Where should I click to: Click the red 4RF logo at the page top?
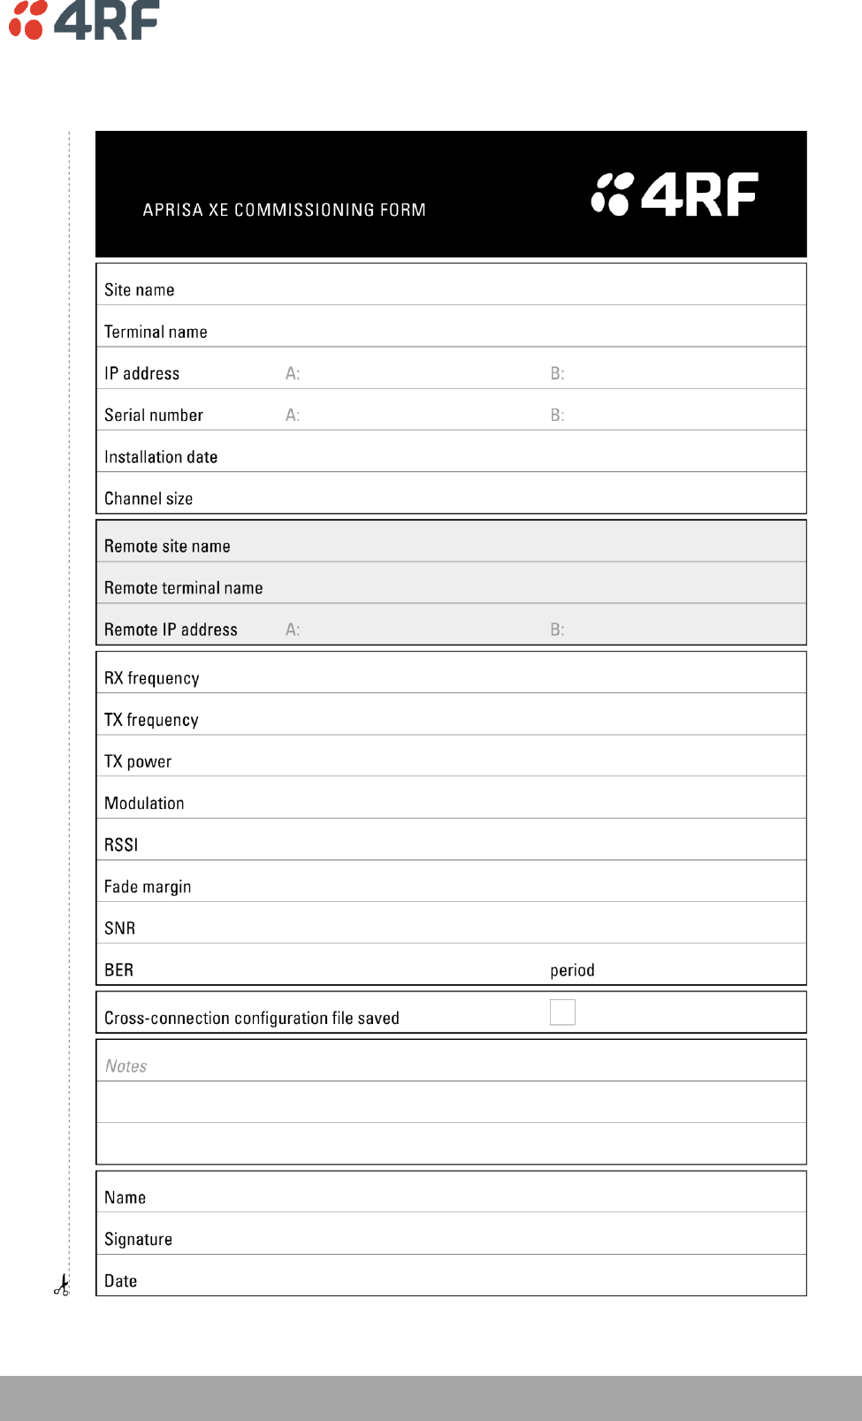[84, 19]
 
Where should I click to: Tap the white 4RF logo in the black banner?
[675, 195]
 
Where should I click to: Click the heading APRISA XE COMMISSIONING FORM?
[284, 210]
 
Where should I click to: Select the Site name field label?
[139, 290]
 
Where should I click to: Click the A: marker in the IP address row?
[293, 374]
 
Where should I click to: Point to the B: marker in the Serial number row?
[557, 416]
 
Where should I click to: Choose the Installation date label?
[161, 457]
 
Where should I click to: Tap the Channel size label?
[149, 499]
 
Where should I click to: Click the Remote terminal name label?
[183, 588]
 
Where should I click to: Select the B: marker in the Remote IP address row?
[557, 630]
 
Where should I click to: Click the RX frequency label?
[151, 678]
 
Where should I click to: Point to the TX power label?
[138, 761]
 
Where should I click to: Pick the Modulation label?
[144, 803]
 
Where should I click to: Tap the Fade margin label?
[148, 887]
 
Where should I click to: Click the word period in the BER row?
[572, 970]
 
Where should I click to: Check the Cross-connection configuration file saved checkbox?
[562, 1012]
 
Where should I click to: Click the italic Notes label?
[126, 1066]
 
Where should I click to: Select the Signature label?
[138, 1239]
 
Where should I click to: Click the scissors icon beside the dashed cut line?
[61, 1286]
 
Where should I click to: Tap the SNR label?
[119, 928]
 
